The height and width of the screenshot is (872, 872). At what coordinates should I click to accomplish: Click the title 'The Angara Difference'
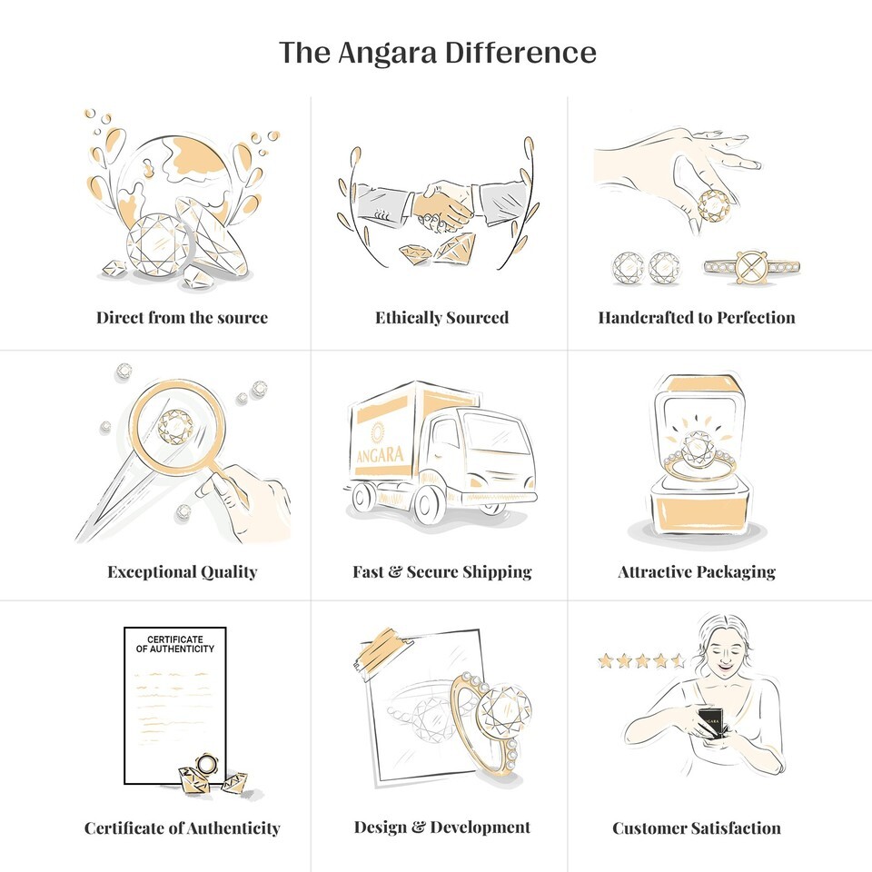437,53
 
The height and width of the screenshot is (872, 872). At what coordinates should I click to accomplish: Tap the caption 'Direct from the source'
182,318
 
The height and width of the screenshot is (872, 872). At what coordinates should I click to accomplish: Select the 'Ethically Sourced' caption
442,318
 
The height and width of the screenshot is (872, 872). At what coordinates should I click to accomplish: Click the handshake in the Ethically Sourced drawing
442,207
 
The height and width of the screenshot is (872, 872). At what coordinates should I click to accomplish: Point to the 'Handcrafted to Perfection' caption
697,318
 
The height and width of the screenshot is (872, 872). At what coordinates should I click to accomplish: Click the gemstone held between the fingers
714,206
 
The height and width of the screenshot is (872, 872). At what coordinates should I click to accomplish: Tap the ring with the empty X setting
751,267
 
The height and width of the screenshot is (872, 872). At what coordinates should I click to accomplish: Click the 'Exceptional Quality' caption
183,571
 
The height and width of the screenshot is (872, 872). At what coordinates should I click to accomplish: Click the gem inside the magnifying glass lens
175,427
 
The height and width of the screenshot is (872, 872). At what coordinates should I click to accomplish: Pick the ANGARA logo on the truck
380,447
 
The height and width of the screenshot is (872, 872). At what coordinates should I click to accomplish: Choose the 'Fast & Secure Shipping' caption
442,571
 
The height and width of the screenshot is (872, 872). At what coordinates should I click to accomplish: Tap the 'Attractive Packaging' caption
697,571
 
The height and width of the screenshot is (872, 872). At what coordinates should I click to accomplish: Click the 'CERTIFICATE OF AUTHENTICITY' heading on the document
175,644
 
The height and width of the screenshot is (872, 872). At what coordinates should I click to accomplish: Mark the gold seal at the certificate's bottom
206,764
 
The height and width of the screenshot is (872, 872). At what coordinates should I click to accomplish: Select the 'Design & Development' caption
442,827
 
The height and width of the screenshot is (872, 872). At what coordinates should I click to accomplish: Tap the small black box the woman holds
710,722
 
